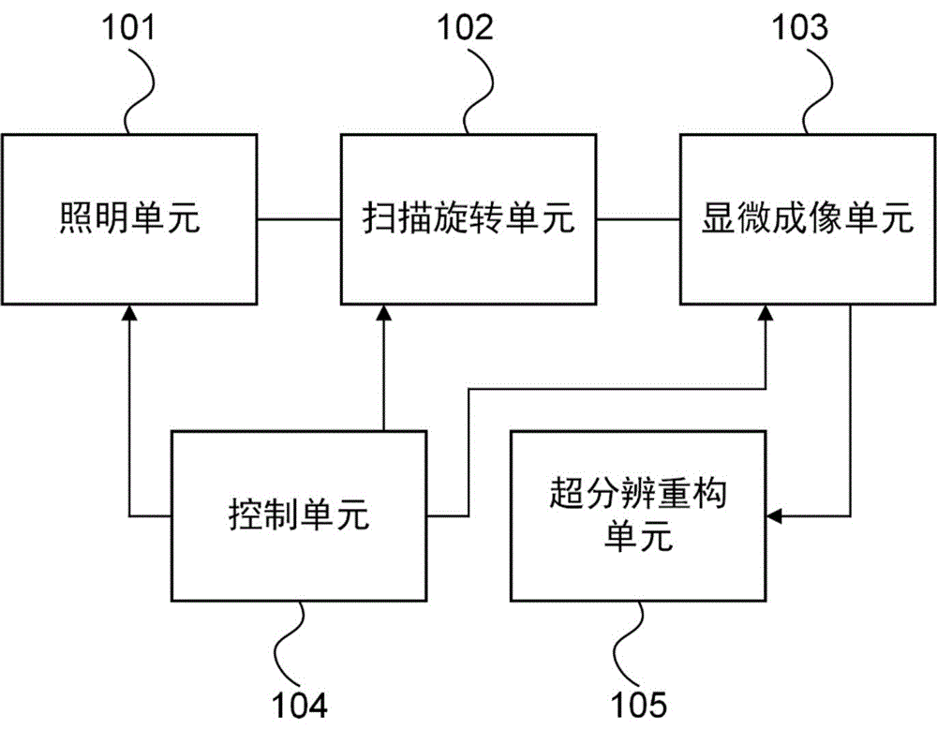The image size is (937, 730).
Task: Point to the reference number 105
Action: [640, 702]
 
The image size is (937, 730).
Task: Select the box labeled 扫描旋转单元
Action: [468, 219]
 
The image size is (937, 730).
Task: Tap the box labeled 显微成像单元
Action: [807, 219]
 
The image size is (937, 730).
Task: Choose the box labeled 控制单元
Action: [298, 515]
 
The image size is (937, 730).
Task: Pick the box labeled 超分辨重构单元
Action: [638, 515]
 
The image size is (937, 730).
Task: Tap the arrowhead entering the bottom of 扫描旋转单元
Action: [382, 313]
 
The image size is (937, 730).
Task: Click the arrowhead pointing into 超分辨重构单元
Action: [774, 515]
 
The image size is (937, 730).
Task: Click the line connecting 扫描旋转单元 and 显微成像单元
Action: [638, 219]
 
